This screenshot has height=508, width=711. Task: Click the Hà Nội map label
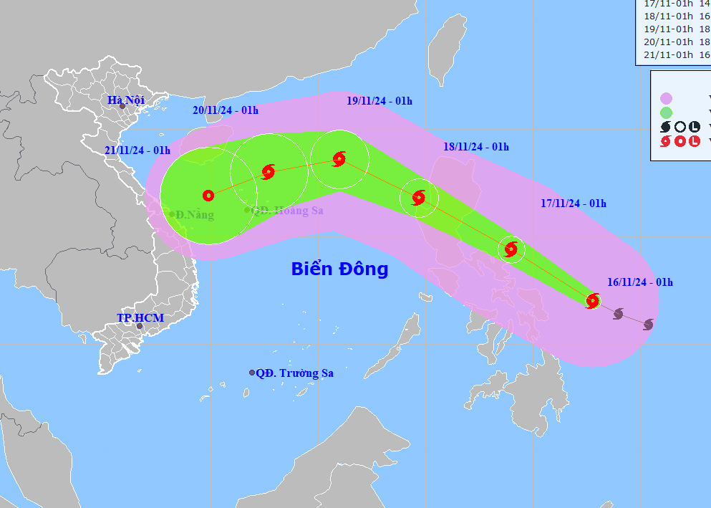tap(126, 100)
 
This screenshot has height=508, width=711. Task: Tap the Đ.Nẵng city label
tap(195, 215)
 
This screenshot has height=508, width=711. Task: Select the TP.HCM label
tap(140, 317)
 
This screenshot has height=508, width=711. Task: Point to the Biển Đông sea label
tap(339, 269)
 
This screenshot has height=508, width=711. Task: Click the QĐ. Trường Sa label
tap(294, 373)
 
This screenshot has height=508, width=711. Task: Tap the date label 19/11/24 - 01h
tap(379, 101)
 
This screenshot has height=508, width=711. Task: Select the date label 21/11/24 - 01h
tap(137, 150)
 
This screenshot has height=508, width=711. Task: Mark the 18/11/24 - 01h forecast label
tap(475, 147)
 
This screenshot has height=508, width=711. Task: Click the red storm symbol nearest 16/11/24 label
tap(593, 300)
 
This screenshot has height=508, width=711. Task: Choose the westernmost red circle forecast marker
tap(208, 195)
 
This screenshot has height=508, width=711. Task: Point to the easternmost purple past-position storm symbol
tap(648, 325)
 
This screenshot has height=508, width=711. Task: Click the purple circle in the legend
tap(667, 98)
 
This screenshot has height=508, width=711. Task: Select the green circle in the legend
tap(667, 112)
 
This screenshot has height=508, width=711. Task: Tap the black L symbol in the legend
tap(693, 127)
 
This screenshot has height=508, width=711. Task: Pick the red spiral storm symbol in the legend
tap(666, 141)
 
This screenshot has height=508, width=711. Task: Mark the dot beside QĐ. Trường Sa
tap(252, 373)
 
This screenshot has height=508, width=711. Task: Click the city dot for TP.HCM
tap(140, 327)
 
